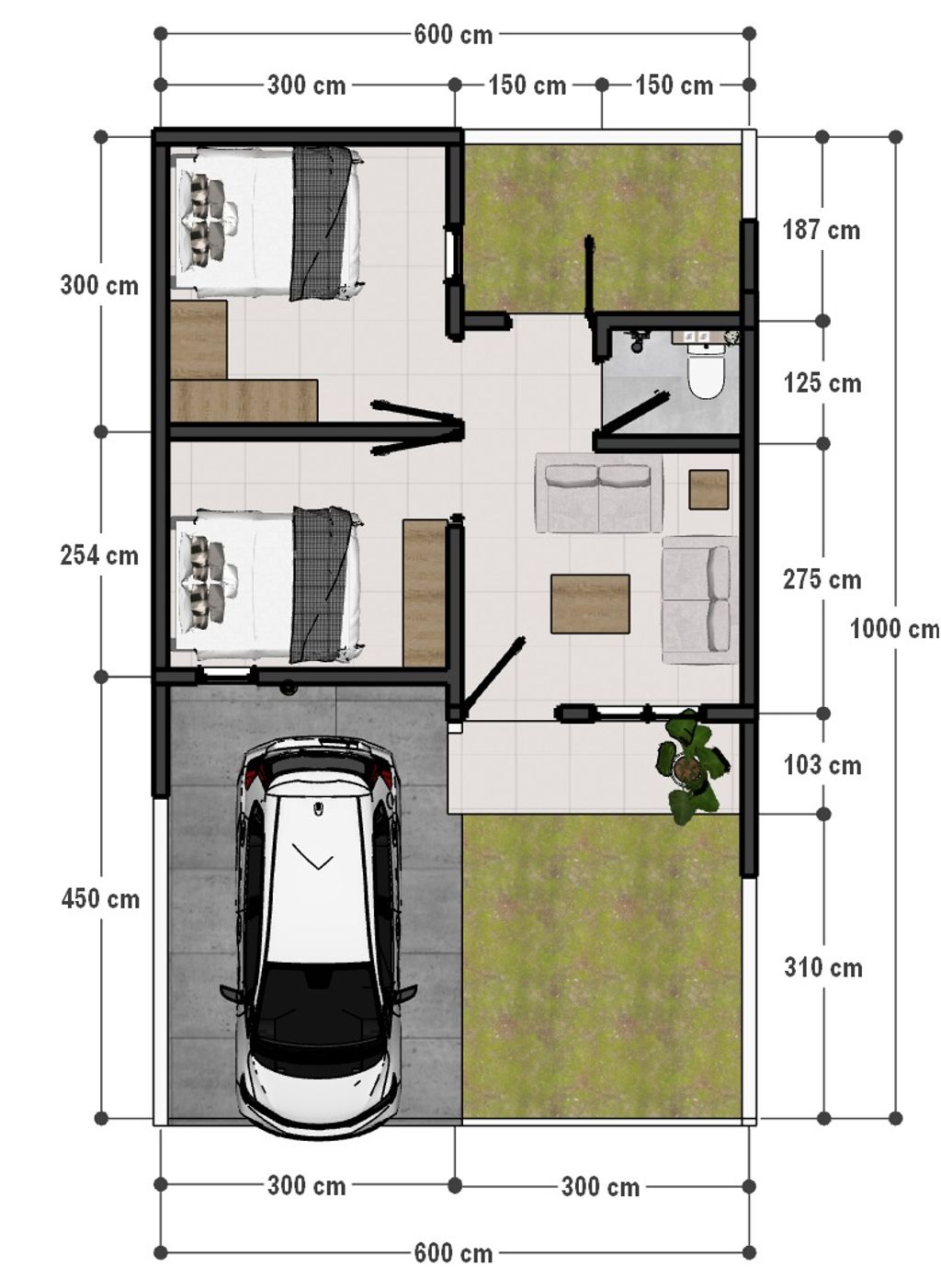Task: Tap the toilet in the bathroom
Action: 706,369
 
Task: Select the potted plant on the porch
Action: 692,766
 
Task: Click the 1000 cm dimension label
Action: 895,629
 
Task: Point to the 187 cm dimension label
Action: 822,231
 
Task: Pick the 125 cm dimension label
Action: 822,383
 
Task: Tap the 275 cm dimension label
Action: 822,580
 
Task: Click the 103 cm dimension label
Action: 822,766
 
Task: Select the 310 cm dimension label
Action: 823,967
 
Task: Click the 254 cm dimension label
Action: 99,555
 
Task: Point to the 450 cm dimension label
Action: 100,899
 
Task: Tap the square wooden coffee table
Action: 590,604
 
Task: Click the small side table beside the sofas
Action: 709,489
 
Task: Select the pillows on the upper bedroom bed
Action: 209,220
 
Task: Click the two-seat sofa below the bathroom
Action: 598,494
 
